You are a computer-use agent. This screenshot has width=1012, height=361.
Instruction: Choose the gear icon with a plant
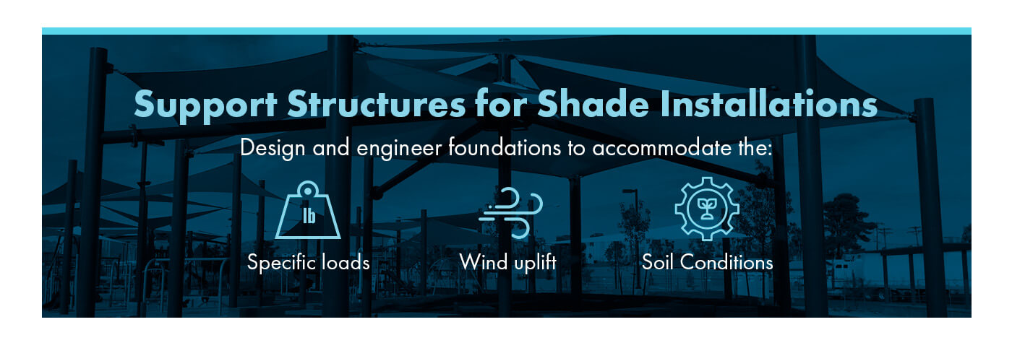click(707, 209)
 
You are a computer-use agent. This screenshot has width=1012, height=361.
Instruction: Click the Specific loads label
click(309, 263)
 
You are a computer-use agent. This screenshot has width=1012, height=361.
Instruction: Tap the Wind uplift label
click(507, 263)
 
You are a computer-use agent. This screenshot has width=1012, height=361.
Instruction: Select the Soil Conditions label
click(707, 262)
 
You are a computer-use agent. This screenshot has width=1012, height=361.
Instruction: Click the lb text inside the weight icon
click(309, 216)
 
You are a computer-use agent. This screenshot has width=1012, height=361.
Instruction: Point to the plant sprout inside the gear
click(707, 209)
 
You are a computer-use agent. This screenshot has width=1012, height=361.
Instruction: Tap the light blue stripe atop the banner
click(506, 31)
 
